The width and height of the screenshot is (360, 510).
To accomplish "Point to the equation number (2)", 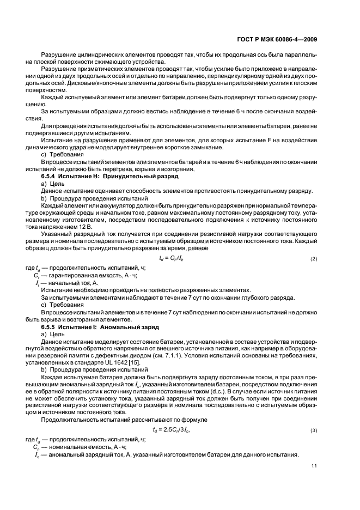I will (x=313, y=258).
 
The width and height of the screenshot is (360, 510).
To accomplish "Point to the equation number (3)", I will (x=313, y=431).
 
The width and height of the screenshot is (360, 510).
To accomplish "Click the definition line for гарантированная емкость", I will (x=86, y=275).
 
